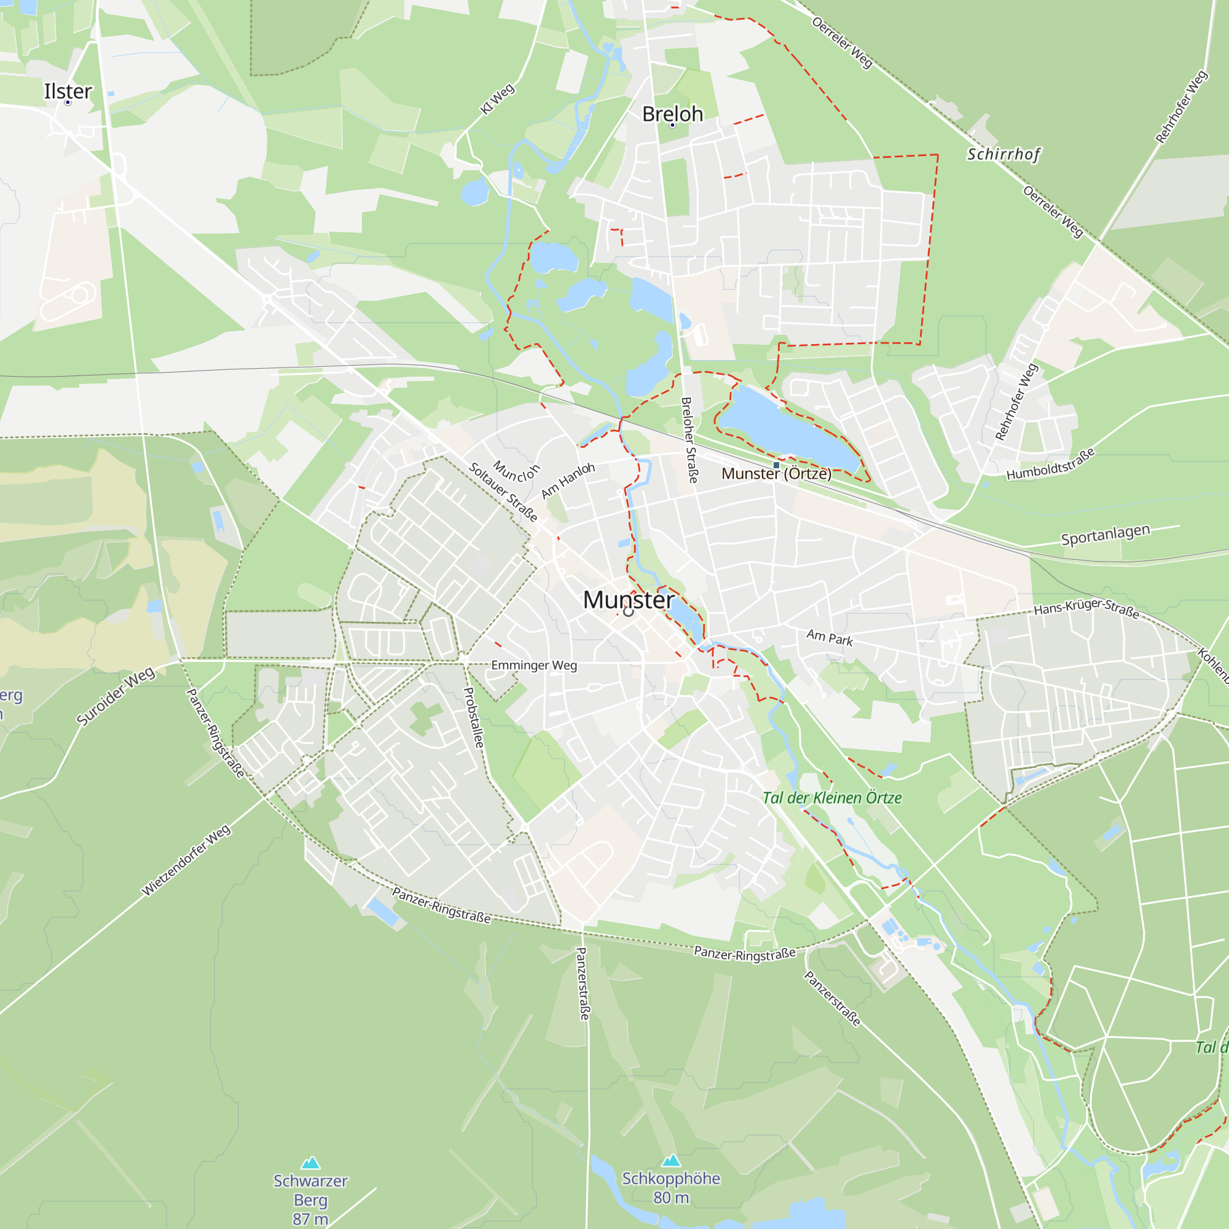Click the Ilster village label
68,92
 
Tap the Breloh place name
672,114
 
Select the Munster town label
629,600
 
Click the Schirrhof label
1004,155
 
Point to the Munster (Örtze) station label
776,474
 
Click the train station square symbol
776,466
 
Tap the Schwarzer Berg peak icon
310,1163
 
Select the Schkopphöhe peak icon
671,1161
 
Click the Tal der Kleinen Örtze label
832,798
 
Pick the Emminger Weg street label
534,666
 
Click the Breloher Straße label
689,439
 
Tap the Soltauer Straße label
503,492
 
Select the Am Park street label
830,637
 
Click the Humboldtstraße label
1051,464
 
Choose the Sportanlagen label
1105,535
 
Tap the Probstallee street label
474,718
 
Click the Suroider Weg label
115,697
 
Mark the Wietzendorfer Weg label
186,861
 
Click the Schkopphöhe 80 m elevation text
671,1198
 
